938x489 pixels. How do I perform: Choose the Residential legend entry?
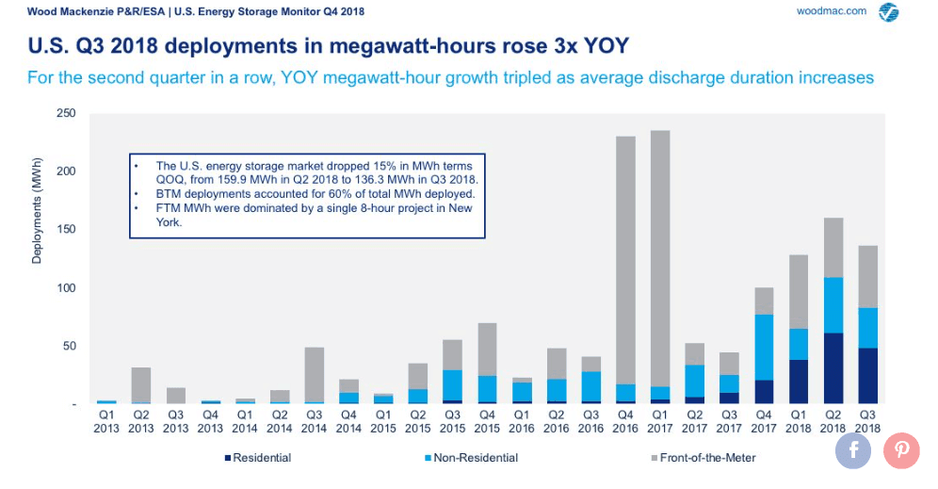[x=258, y=458]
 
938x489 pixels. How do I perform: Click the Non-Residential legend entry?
[x=470, y=458]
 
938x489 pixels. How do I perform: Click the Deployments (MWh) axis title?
[x=36, y=211]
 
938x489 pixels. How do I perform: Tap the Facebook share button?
[x=854, y=450]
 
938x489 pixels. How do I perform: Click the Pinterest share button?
[x=901, y=450]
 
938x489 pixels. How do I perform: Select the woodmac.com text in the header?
[x=831, y=10]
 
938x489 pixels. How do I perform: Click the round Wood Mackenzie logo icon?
[x=887, y=12]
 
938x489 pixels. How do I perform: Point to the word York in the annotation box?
[x=170, y=223]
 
